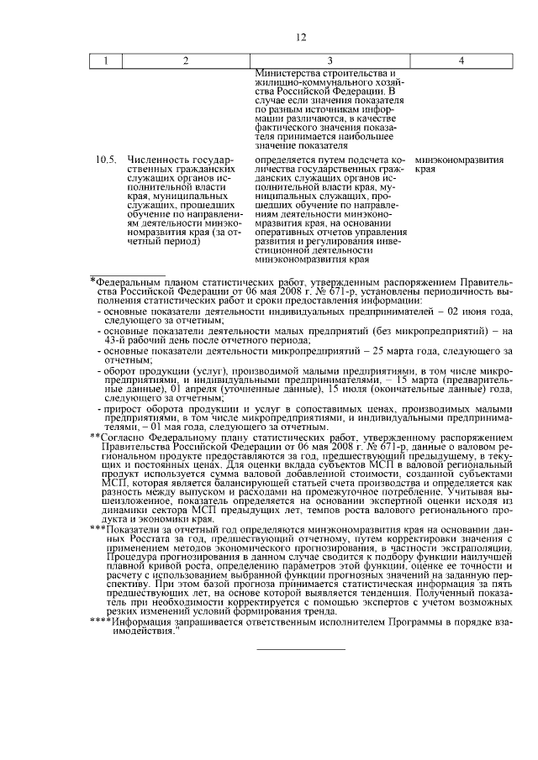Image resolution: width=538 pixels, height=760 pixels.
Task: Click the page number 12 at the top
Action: coord(302,36)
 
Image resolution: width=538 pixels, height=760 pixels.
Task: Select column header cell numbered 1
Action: coord(105,60)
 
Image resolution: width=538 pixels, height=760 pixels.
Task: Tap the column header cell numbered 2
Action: coord(185,60)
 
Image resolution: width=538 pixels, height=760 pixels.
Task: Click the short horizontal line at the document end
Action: coord(300,649)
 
